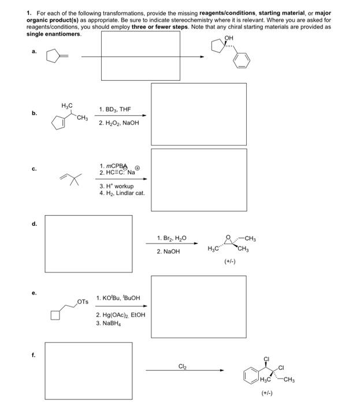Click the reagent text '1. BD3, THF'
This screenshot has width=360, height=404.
[x=114, y=109]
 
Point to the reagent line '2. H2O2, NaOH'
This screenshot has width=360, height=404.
[x=118, y=122]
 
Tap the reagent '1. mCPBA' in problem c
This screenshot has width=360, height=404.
[x=114, y=166]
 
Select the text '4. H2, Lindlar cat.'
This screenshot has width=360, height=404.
[x=122, y=193]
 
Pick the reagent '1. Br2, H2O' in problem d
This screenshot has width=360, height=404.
[x=170, y=238]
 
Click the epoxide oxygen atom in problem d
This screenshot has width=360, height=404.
[x=229, y=237]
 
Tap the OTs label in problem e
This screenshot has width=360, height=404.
[x=83, y=301]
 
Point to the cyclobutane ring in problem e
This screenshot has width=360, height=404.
[x=55, y=315]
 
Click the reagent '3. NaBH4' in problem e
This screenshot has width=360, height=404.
[x=109, y=324]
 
